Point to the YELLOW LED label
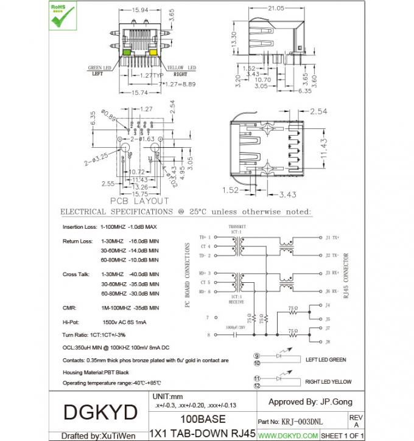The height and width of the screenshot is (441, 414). (x=181, y=68)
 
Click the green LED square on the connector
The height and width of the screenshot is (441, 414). (x=126, y=52)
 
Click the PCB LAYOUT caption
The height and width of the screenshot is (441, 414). (x=140, y=201)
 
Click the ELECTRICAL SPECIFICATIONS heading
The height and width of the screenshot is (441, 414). (x=185, y=212)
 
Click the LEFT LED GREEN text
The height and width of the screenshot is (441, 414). (x=325, y=359)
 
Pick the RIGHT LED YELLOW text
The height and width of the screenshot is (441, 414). (x=328, y=381)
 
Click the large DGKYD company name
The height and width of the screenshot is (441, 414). (x=100, y=412)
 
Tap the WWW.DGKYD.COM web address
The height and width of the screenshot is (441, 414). (x=288, y=436)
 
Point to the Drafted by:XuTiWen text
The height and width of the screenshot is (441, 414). (x=99, y=436)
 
